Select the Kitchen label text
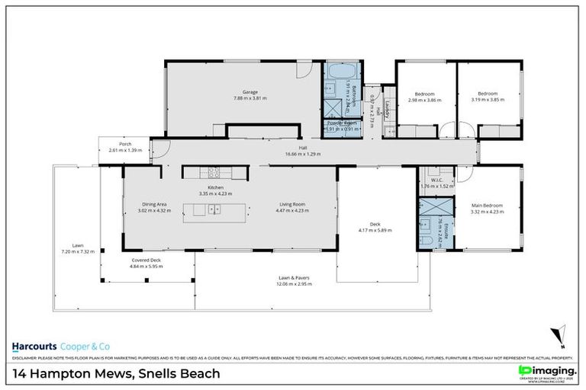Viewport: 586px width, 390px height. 215,187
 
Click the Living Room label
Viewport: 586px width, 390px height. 292,204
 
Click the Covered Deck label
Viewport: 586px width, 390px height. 144,261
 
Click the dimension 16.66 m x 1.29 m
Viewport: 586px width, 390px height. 303,154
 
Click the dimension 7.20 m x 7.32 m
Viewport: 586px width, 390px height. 78,251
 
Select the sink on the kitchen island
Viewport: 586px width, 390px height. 215,210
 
